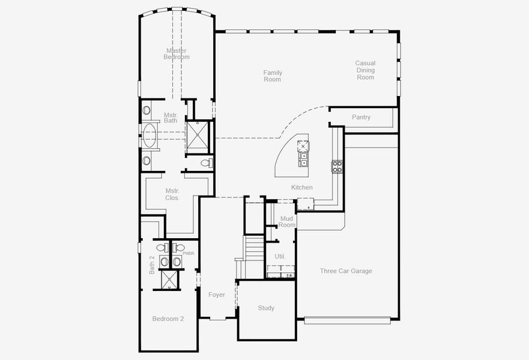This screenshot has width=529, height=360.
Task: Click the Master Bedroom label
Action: click(176, 54)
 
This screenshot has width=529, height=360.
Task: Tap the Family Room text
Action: click(273, 76)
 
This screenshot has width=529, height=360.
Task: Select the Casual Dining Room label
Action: click(365, 70)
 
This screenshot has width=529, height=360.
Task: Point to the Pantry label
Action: click(361, 118)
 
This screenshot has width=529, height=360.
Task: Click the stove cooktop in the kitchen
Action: click(337, 166)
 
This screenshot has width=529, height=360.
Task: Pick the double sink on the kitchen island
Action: click(304, 159)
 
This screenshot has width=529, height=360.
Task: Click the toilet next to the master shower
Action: click(205, 163)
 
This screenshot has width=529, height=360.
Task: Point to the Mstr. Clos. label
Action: click(172, 194)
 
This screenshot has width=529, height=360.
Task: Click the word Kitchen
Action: click(302, 187)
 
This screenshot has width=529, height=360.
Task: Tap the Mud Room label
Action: click(286, 221)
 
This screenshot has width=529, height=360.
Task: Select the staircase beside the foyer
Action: click(252, 248)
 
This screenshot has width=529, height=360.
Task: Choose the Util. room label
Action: click(280, 256)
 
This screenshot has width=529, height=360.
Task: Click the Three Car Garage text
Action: click(346, 271)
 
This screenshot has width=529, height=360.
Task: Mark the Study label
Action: click(266, 308)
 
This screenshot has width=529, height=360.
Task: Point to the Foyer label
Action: click(216, 295)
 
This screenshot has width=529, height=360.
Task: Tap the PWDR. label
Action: click(189, 254)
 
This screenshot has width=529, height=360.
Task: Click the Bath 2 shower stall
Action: click(168, 280)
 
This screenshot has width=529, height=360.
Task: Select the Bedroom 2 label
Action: click(168, 319)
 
